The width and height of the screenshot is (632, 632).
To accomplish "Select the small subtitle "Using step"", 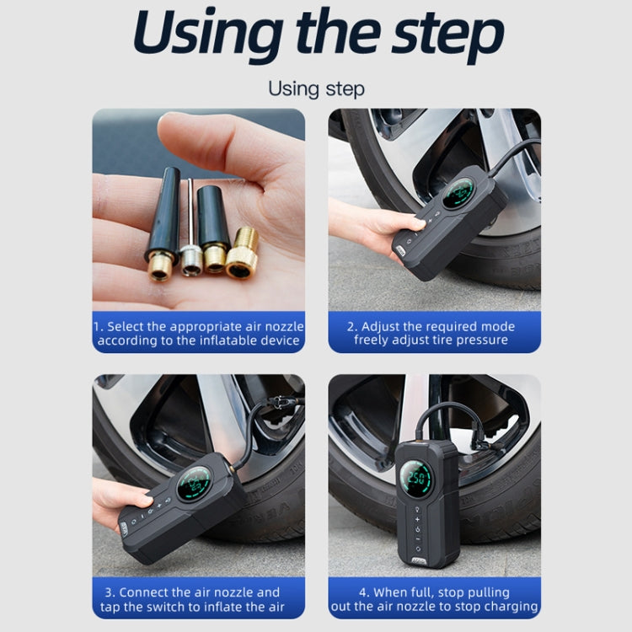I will pyautogui.click(x=316, y=88).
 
